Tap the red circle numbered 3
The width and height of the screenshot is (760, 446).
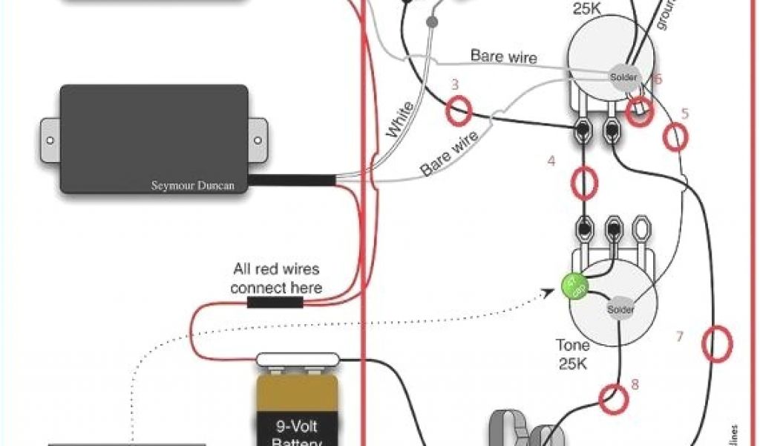tap(459, 111)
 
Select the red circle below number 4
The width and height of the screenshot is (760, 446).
tap(585, 182)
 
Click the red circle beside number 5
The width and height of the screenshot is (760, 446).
tap(675, 137)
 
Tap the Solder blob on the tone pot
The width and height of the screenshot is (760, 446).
tap(620, 308)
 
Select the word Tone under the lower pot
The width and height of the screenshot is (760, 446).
tap(572, 345)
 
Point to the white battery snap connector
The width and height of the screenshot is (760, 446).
tap(297, 361)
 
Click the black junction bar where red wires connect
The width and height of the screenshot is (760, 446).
tap(274, 303)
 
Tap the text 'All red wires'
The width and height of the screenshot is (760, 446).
tap(276, 269)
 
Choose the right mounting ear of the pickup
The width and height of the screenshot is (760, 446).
tap(258, 138)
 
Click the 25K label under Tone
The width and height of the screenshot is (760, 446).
tap(572, 364)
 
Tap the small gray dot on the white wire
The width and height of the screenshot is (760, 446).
tap(432, 23)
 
